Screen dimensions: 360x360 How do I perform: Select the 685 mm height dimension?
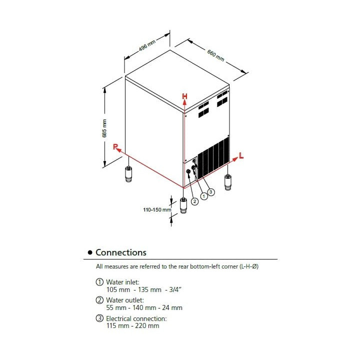click(104, 128)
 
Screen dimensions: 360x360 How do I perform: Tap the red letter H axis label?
click(184, 96)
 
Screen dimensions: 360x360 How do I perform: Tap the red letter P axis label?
click(115, 147)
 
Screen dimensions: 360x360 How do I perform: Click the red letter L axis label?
click(241, 156)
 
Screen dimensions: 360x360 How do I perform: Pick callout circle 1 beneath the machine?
click(203, 196)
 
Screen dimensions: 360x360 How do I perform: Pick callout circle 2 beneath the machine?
click(194, 201)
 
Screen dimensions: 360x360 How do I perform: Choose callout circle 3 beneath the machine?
click(211, 191)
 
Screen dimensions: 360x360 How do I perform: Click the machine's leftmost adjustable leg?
click(128, 174)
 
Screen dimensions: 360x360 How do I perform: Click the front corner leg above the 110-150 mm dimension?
click(183, 205)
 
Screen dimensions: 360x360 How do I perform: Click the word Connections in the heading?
click(121, 252)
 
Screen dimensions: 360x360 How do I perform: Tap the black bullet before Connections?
click(90, 252)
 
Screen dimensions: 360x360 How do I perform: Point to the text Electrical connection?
click(136, 318)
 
